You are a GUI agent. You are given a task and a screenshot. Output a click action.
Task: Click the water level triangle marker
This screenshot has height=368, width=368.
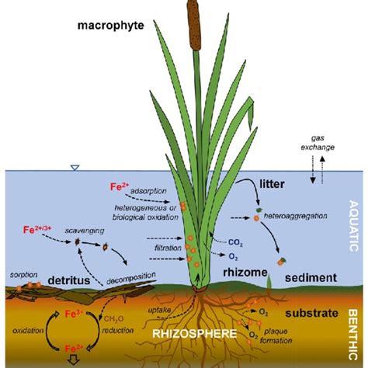pos(74,168)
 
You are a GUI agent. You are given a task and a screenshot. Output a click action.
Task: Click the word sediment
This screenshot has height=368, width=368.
pos(311,277)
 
